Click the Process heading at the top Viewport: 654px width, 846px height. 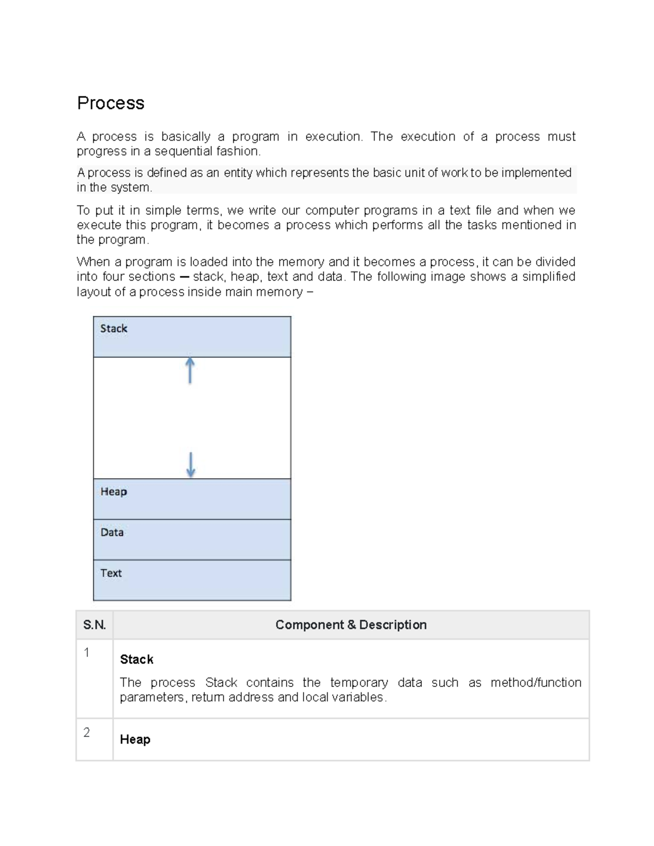[111, 103]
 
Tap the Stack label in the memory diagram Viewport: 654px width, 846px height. [113, 328]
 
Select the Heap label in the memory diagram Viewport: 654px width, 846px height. [113, 491]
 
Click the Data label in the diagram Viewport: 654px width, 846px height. [112, 532]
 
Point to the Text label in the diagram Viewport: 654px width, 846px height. [111, 573]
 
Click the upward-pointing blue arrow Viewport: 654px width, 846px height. [190, 370]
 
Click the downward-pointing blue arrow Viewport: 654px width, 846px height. [191, 465]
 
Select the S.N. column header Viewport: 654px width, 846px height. [94, 625]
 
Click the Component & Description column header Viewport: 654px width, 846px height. [350, 625]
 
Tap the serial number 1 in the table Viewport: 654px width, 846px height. [87, 653]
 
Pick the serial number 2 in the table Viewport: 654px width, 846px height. [87, 732]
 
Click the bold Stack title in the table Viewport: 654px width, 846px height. [136, 660]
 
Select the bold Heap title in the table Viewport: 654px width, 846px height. [135, 739]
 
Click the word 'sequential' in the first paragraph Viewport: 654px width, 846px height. [183, 151]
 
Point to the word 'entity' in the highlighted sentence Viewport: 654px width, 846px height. [238, 173]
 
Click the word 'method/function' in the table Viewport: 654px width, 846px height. [536, 683]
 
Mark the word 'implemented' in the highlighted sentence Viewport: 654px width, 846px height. [536, 173]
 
